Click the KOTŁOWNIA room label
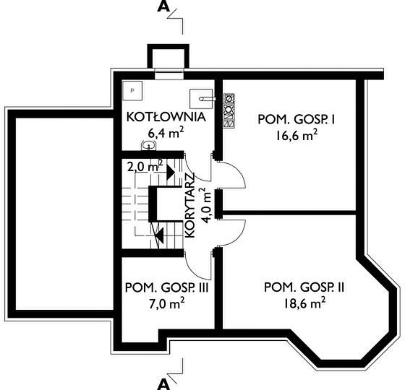166,117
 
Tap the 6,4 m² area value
166,133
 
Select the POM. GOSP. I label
297,120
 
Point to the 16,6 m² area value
297,136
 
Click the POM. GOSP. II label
304,287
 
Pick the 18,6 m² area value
304,303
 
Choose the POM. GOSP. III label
166,287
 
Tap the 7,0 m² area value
166,303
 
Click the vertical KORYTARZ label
189,206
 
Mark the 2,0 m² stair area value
145,166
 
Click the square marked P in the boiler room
132,90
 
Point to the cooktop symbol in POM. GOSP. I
229,110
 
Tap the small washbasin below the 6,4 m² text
148,146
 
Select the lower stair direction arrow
159,235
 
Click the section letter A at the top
163,7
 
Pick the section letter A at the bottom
163,384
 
